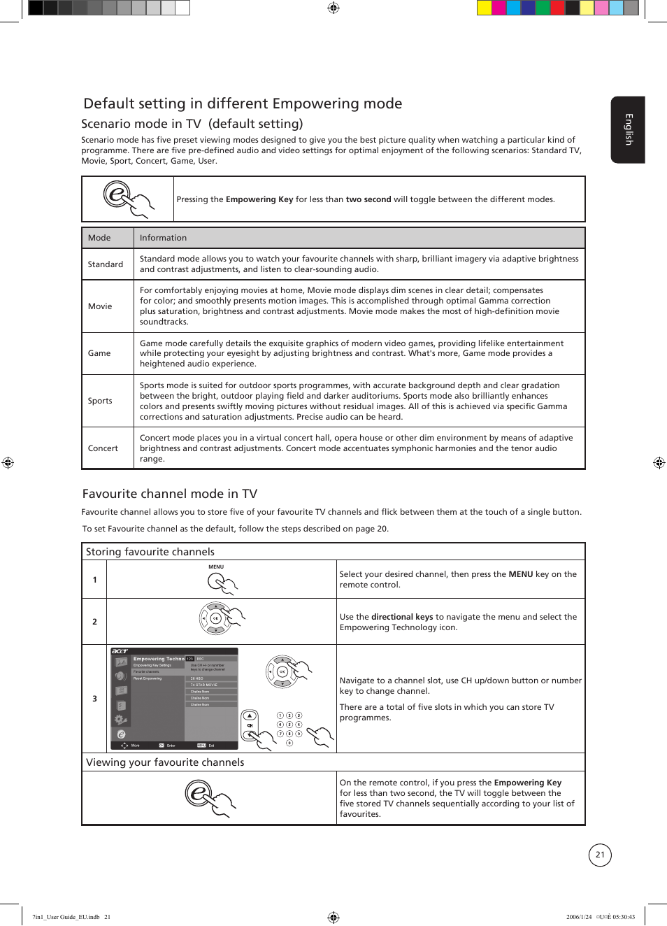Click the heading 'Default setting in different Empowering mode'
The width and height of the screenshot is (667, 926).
click(x=243, y=104)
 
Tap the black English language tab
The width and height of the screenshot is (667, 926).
click(x=628, y=129)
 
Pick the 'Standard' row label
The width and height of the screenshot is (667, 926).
click(x=106, y=264)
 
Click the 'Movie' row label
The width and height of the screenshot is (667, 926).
click(x=100, y=306)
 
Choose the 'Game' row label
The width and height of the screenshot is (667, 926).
click(x=99, y=353)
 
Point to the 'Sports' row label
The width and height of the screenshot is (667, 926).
click(x=100, y=401)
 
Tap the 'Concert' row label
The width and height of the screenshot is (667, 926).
click(x=103, y=448)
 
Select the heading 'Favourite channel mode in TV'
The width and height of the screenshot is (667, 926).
click(x=170, y=494)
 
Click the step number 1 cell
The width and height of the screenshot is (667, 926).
click(x=95, y=580)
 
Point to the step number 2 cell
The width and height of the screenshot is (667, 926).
click(x=95, y=622)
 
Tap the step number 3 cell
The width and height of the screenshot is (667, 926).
click(x=95, y=699)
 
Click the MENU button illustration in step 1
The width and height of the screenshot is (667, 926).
click(x=217, y=580)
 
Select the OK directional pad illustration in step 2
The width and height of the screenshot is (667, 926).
click(x=215, y=618)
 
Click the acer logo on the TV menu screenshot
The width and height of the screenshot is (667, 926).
click(x=120, y=651)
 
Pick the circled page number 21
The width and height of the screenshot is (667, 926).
click(x=600, y=855)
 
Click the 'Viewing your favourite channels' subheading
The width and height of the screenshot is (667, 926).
click(x=165, y=762)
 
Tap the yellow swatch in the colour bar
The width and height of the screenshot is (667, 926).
click(x=484, y=8)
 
